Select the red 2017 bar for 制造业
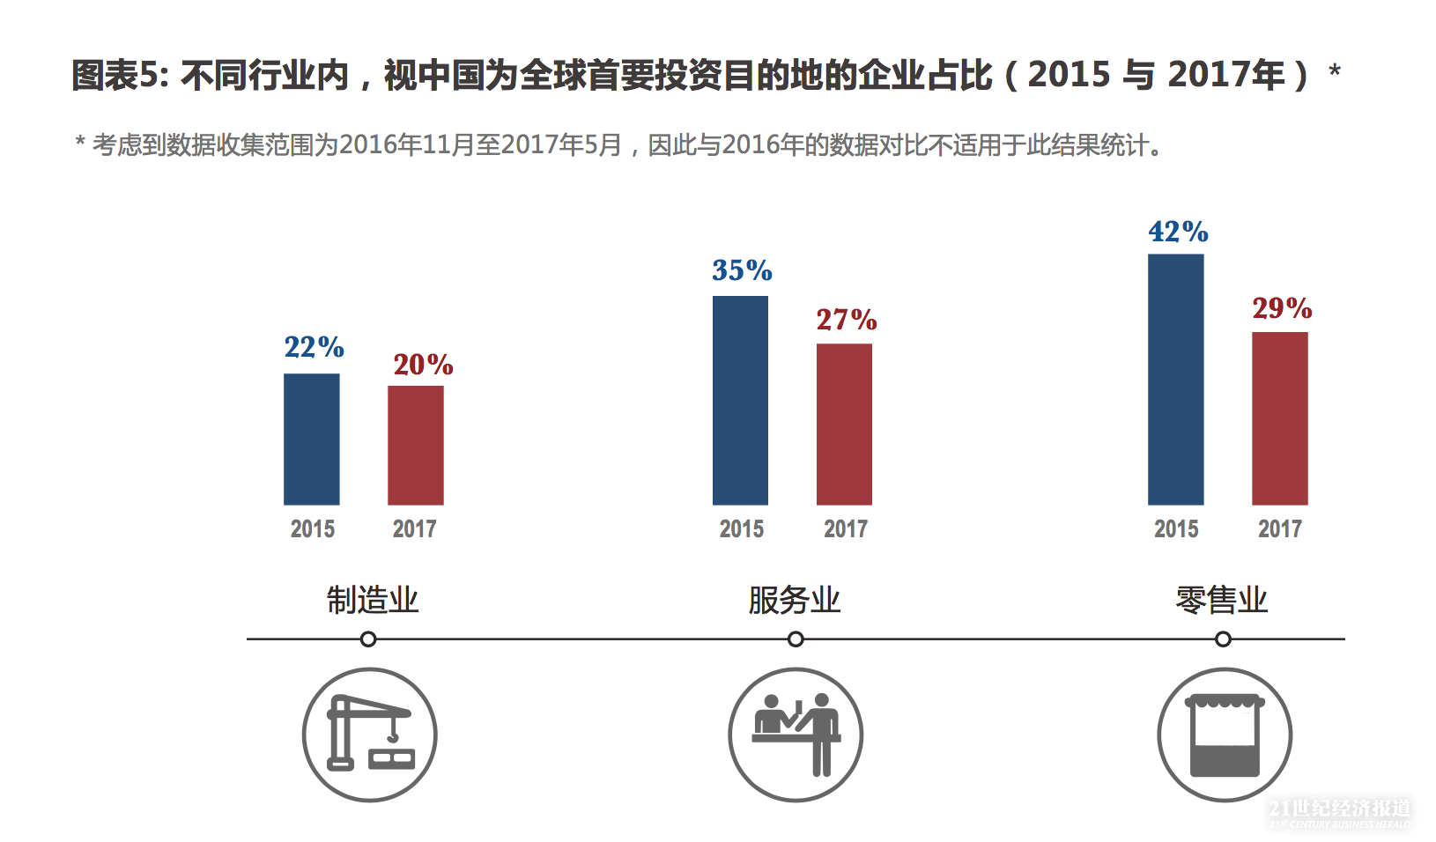pos(415,445)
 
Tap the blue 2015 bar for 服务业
pos(740,400)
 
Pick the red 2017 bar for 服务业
pos(844,424)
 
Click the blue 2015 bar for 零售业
pos(1175,379)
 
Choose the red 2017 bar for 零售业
pos(1279,418)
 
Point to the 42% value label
pos(1178,232)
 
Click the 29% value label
pos(1282,308)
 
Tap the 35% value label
pos(742,270)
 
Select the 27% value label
pos(846,320)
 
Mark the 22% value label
pos(314,347)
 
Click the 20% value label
pos(423,365)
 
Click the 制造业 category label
pos(373,600)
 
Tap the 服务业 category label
pos(795,600)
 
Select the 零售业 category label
pos(1221,600)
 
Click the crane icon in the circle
pos(370,735)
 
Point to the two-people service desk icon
pos(796,735)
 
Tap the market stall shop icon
pos(1225,735)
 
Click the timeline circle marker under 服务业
pos(796,639)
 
